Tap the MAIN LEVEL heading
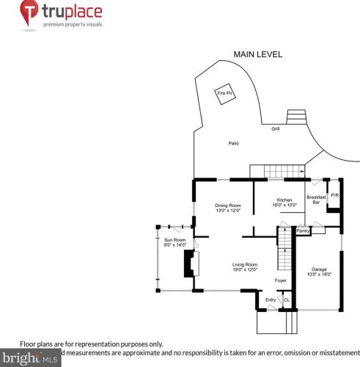pos(257,54)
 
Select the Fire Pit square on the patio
pos(224,93)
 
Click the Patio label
pos(234,143)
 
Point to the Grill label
pos(276,128)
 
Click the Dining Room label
pos(228,206)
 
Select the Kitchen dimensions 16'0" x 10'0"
pos(284,206)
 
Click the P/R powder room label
pos(335,195)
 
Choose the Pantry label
pos(303,231)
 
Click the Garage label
pos(318,269)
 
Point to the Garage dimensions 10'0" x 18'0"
pos(318,274)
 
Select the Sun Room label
pos(173,240)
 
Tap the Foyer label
pos(280,280)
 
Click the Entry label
pos(271,299)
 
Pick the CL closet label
pos(287,299)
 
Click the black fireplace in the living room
pos(190,264)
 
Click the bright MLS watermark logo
pos(29,359)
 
